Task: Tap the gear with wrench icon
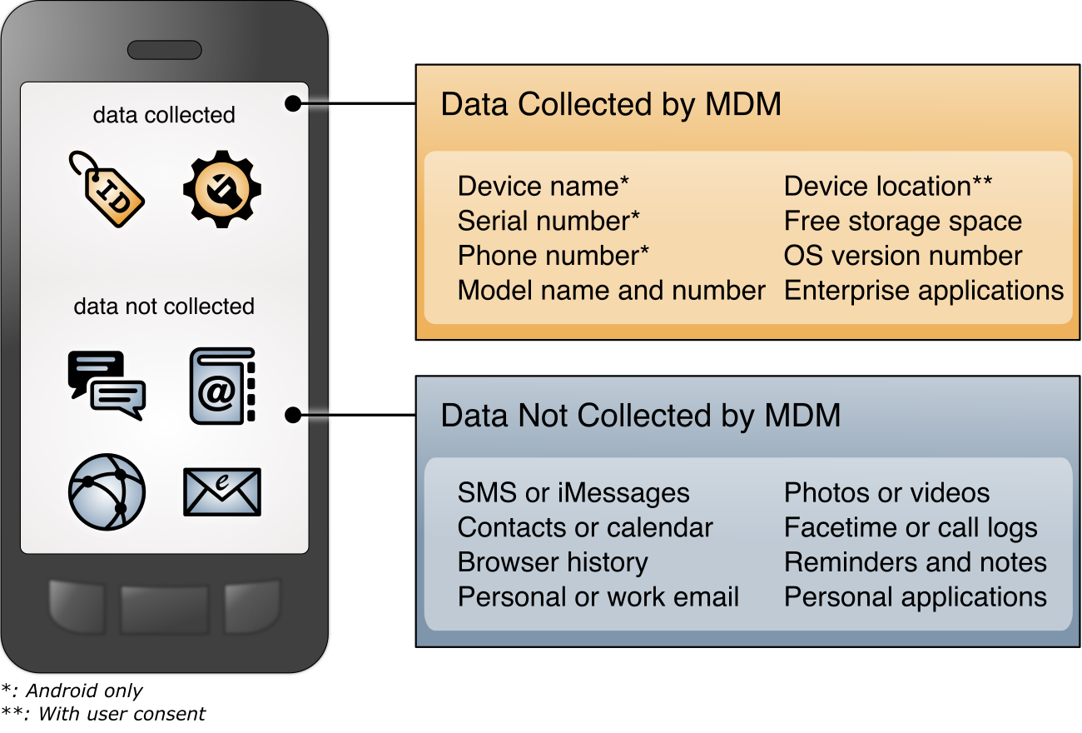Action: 222,189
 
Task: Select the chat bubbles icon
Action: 107,386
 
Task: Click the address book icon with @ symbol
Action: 222,386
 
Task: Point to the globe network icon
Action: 107,492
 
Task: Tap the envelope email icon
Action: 222,491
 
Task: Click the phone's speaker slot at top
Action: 165,50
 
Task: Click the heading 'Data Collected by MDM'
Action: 611,105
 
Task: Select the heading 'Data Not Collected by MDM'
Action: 640,415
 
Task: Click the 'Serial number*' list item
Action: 548,222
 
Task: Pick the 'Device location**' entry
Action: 887,187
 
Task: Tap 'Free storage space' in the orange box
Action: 902,222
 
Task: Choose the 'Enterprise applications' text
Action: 924,291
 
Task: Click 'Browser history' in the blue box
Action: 553,562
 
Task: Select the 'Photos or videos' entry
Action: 886,493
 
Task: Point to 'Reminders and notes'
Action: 915,562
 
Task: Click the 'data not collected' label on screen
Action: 164,307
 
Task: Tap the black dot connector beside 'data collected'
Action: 292,103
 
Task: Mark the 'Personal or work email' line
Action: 598,597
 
